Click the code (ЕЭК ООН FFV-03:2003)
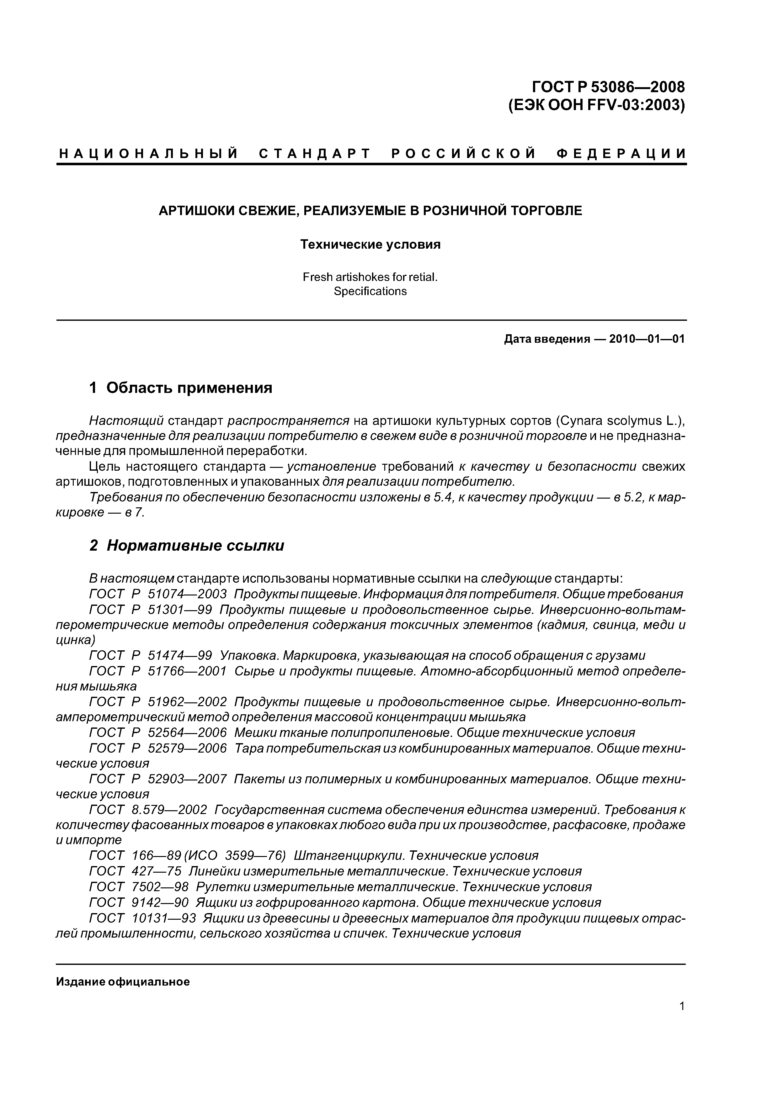(596, 104)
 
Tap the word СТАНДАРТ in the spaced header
(315, 154)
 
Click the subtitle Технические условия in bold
(370, 245)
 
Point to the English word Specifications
(370, 291)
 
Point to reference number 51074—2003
(187, 595)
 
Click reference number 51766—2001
(187, 672)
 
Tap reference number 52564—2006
(187, 733)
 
